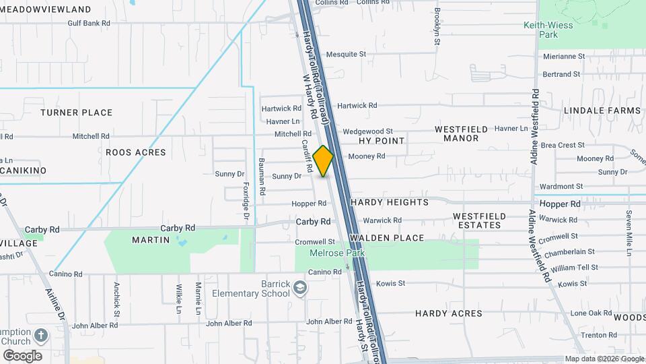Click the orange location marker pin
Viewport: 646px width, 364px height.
[x=323, y=160]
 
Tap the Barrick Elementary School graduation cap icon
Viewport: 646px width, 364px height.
[x=299, y=289]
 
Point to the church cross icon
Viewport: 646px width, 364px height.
[x=40, y=335]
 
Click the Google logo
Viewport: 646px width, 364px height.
[x=22, y=356]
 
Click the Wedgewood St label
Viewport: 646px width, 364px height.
[x=367, y=131]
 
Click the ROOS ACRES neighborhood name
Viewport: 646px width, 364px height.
[x=135, y=152]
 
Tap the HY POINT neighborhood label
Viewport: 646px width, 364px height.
[x=382, y=141]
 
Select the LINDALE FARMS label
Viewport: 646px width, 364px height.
[x=602, y=110]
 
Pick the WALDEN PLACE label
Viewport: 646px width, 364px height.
[x=387, y=238]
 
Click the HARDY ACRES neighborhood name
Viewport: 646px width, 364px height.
[x=448, y=313]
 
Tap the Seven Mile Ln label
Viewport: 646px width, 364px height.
[x=629, y=233]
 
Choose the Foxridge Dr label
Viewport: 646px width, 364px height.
[x=246, y=200]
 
